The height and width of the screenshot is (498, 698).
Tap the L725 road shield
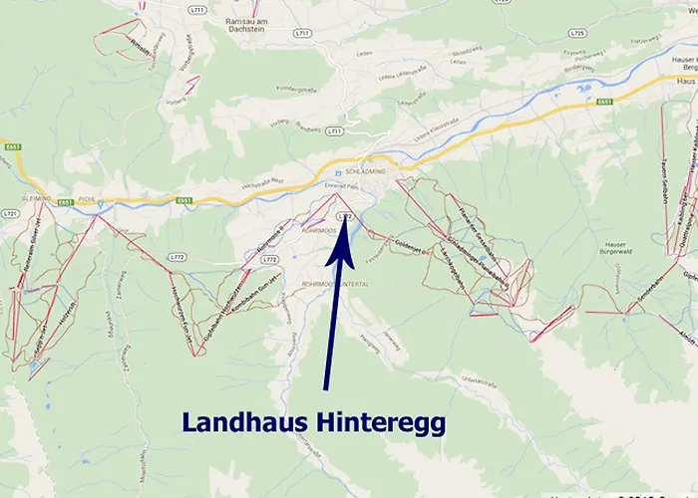575,33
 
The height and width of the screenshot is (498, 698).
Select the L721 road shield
11,213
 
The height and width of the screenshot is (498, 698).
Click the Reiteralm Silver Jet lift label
24,258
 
